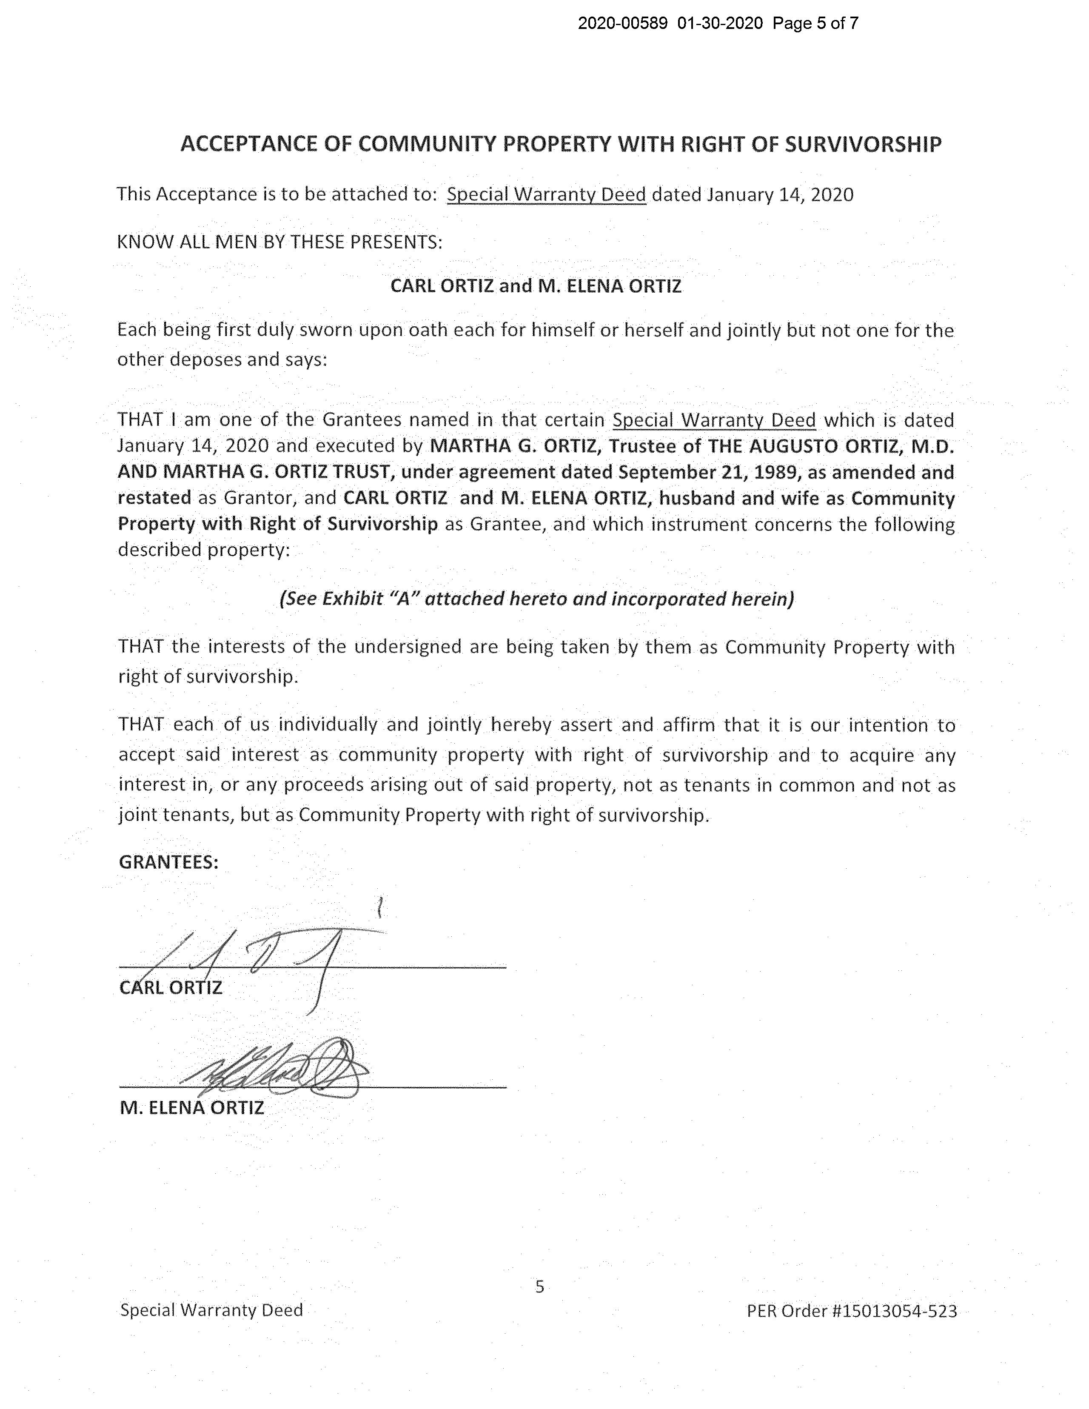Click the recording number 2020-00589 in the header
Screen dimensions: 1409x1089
(622, 24)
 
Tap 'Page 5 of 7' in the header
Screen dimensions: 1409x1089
(815, 24)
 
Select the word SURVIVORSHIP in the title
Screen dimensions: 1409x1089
(863, 144)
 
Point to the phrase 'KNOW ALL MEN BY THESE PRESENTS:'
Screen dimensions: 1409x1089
(279, 242)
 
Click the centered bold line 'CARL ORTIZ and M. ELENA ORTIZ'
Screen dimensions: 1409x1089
(536, 286)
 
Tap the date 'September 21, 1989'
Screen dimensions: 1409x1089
(706, 472)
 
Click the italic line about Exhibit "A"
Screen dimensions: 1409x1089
(536, 599)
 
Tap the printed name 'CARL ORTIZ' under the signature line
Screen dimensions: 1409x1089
(171, 988)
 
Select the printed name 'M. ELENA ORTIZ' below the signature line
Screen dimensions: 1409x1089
(191, 1108)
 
